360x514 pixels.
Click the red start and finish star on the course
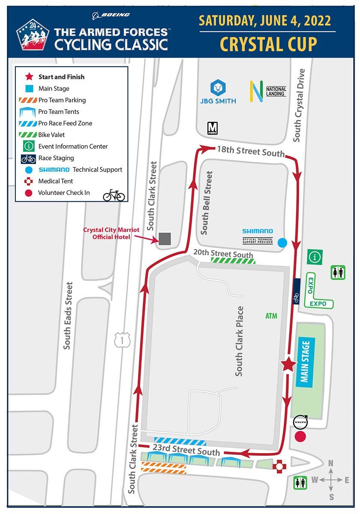pos(288,365)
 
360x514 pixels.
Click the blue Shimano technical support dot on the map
pos(282,243)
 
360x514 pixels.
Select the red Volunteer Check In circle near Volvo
pos(301,437)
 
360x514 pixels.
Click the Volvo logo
pos(300,422)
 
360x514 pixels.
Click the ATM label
pos(271,316)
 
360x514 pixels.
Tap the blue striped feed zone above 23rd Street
pos(180,442)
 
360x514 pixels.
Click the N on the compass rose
pos(330,463)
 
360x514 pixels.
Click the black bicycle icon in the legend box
pos(114,195)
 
